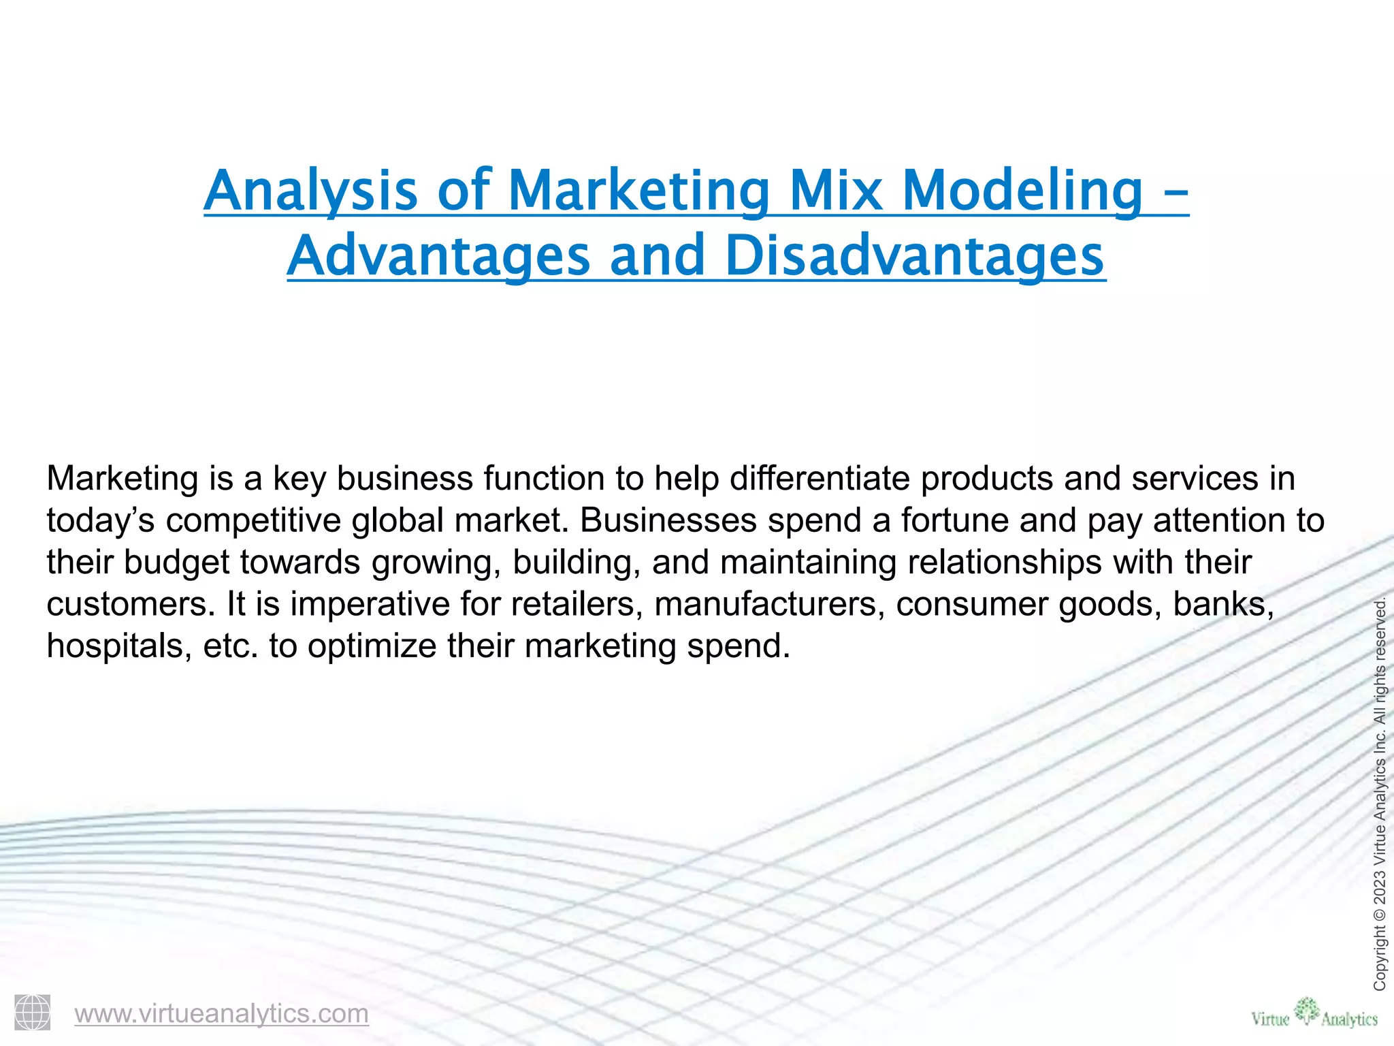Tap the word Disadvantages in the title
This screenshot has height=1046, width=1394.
[914, 256]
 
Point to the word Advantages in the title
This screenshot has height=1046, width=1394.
[438, 256]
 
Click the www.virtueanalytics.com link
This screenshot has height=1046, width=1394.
[221, 1013]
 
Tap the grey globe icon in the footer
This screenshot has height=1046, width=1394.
[32, 1012]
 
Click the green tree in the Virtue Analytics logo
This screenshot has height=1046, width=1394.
[1306, 1011]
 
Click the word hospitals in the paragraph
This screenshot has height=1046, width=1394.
[119, 646]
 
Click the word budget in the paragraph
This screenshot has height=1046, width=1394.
[177, 563]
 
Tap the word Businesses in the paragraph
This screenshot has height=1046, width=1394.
[668, 521]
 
